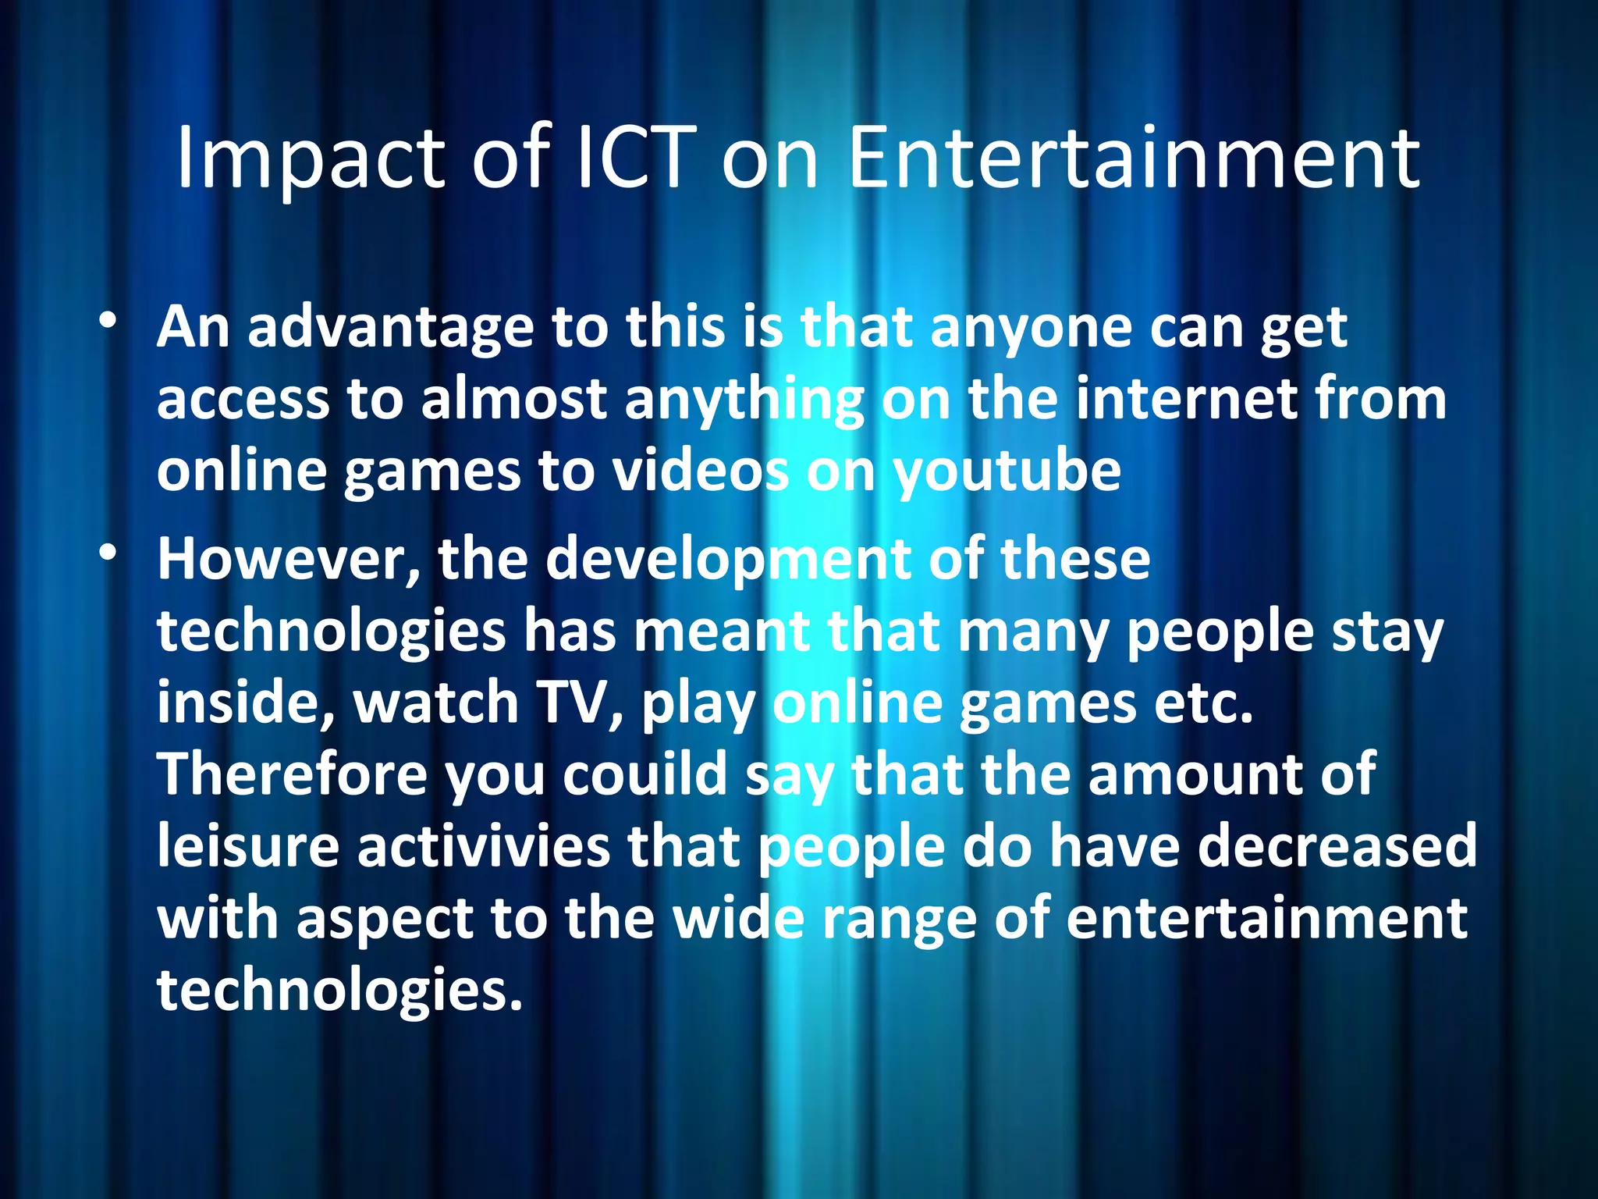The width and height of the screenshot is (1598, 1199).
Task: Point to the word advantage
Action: [x=390, y=328]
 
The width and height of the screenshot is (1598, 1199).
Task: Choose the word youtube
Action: [x=1007, y=471]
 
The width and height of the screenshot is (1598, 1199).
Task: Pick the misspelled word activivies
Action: [x=484, y=846]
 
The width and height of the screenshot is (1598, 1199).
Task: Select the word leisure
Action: [x=248, y=846]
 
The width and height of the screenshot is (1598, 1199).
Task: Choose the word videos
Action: [x=699, y=471]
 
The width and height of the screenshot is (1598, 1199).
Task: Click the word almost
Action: [x=513, y=399]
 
